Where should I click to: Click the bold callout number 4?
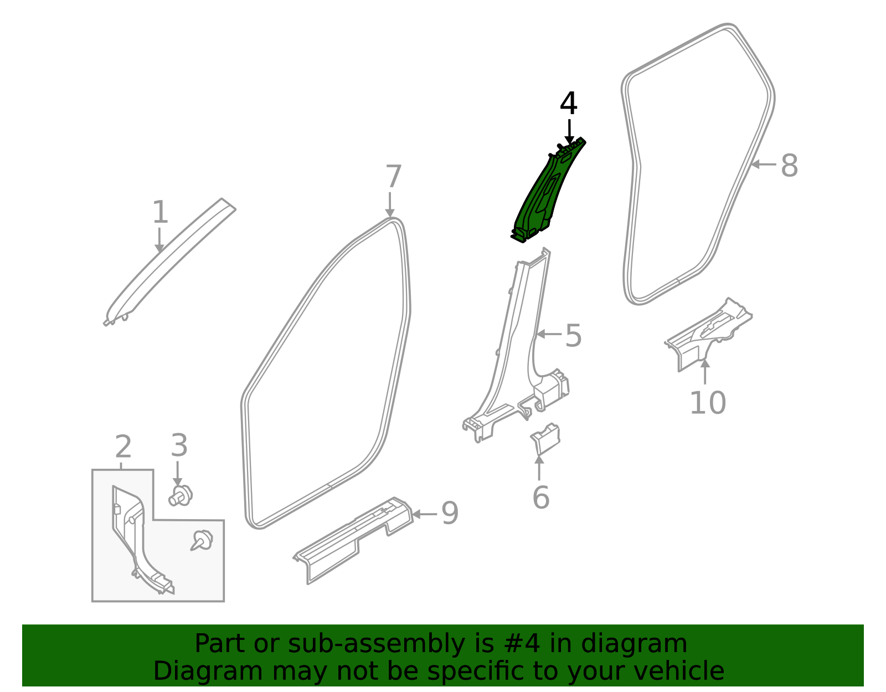pos(569,104)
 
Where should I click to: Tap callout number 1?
pos(160,213)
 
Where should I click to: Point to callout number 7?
pos(393,177)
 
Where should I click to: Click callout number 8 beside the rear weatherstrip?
pos(789,165)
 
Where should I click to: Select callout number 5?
pos(573,336)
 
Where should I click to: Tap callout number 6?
pos(540,497)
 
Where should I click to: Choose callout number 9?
pos(450,514)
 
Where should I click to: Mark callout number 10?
pos(707,403)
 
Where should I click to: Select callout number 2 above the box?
pos(123,447)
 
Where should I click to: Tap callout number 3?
pos(178,445)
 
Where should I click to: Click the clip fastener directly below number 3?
pos(181,495)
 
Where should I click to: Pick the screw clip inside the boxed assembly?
pos(202,540)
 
